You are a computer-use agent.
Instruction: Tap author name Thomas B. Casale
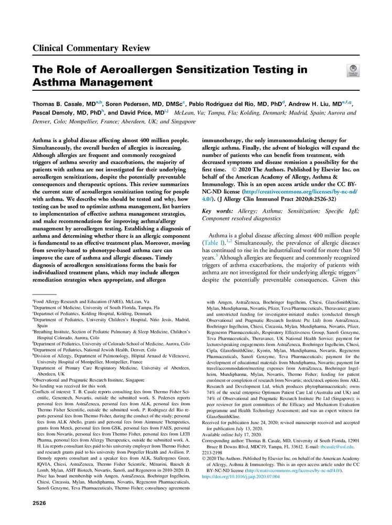coord(63,104)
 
